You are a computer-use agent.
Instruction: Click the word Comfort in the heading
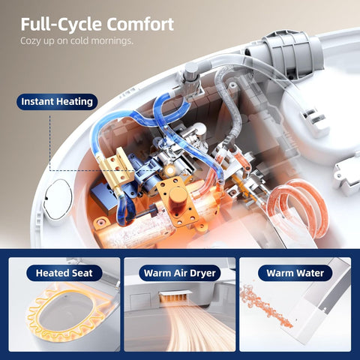[x=140, y=25]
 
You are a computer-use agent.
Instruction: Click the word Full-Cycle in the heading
[x=61, y=25]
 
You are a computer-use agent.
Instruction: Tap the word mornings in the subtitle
[x=112, y=40]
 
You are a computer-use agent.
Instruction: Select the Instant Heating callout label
[x=57, y=102]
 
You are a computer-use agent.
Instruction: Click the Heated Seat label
[x=64, y=273]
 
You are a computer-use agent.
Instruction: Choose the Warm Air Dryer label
[x=180, y=273]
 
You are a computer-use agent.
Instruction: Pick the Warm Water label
[x=295, y=273]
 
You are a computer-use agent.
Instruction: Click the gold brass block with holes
[x=116, y=168]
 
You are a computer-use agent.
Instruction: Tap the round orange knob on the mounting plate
[x=178, y=195]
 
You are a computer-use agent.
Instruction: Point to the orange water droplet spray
[x=265, y=307]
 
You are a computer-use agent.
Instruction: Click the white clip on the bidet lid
[x=314, y=121]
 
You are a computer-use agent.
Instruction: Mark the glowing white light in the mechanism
[x=170, y=170]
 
